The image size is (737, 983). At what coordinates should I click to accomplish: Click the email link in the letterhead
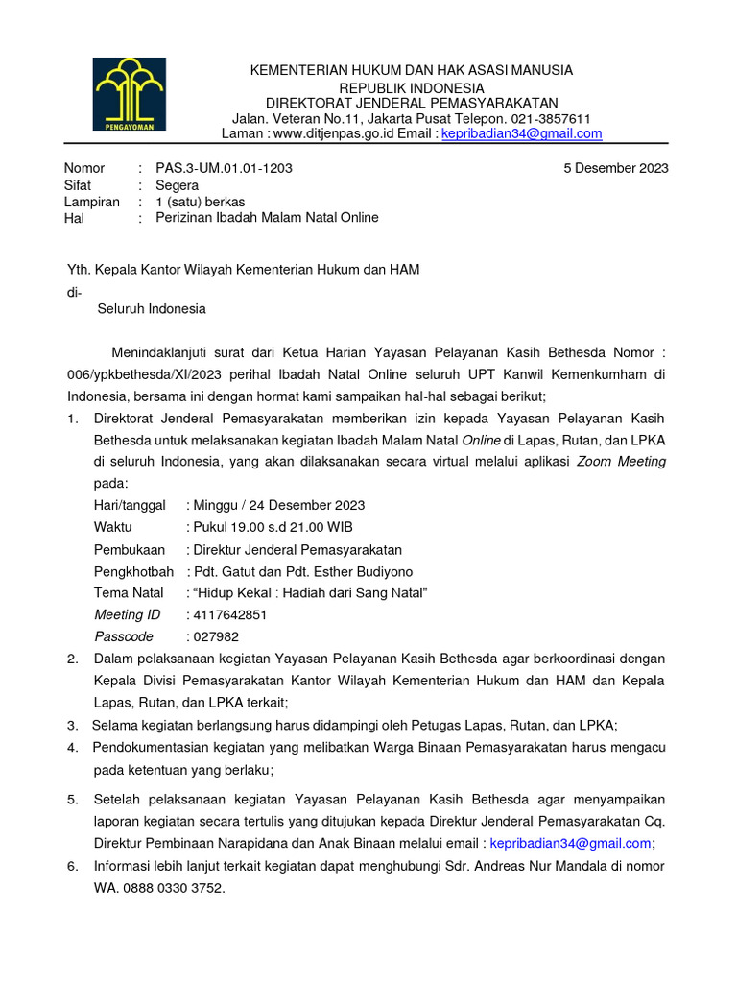click(x=521, y=133)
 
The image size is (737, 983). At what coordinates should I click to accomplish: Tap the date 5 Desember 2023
click(x=616, y=168)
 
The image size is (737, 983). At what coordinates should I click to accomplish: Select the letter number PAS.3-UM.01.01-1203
click(x=224, y=168)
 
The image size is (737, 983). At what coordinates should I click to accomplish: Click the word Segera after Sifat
click(x=178, y=185)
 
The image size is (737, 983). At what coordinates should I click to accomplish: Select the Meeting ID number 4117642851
click(x=230, y=614)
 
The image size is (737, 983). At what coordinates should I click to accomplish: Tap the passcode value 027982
click(x=216, y=636)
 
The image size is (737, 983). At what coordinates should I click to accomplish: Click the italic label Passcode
click(x=123, y=636)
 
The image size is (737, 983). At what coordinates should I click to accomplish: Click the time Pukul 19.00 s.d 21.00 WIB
click(x=273, y=527)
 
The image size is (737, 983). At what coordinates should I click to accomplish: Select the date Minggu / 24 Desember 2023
click(x=278, y=505)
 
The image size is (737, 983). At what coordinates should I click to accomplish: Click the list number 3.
click(x=72, y=725)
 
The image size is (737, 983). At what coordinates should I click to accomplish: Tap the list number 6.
click(x=72, y=866)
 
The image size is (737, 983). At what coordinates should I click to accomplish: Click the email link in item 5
click(x=570, y=844)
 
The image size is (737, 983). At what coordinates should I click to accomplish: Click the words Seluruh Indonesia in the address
click(x=152, y=309)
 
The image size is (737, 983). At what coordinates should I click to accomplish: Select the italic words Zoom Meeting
click(x=621, y=461)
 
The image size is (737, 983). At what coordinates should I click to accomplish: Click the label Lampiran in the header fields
click(x=91, y=202)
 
